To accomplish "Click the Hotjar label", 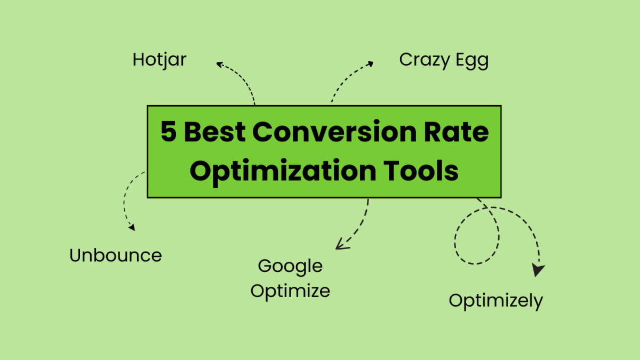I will coord(159,59).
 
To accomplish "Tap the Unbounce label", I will coord(116,255).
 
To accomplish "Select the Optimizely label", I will coord(495,301).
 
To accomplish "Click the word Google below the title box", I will coord(290,266).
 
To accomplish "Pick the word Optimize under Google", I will coord(290,291).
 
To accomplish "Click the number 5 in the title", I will coord(169,132).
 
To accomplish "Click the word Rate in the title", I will coord(460,132).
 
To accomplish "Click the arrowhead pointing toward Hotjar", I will coord(219,65).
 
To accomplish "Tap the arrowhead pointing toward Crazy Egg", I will coord(370,63).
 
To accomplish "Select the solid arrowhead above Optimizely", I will coord(538,270).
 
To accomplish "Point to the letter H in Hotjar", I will coord(138,59).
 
